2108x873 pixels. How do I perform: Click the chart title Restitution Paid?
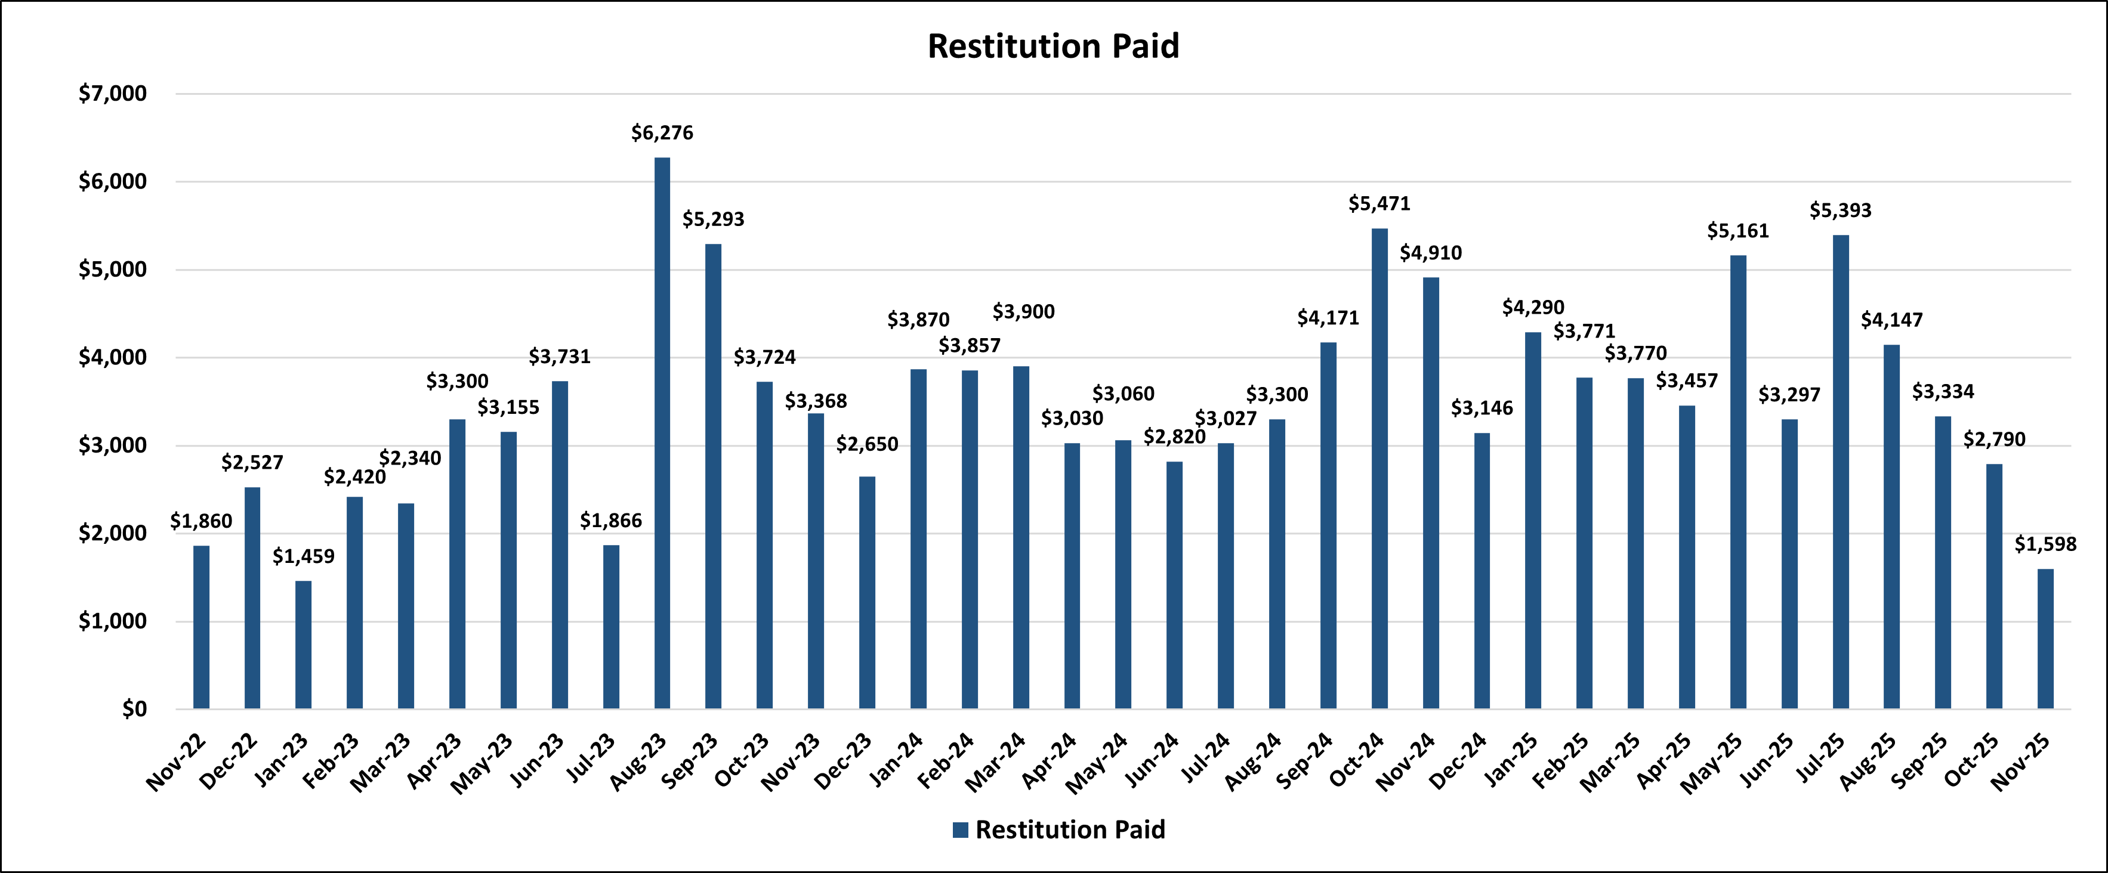(x=1053, y=46)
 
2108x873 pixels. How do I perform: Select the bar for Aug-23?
(x=662, y=434)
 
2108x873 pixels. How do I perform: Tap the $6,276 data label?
(x=662, y=132)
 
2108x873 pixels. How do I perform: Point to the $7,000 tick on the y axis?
(x=112, y=93)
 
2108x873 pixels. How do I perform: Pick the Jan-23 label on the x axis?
(x=282, y=760)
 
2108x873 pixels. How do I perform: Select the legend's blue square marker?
(x=961, y=829)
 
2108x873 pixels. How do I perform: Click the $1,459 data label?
(x=304, y=556)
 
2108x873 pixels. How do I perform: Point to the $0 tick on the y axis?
(x=134, y=708)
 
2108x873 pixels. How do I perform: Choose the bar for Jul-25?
(x=1841, y=472)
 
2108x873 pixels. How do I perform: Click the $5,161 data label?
(x=1738, y=231)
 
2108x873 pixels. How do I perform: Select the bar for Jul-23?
(x=612, y=627)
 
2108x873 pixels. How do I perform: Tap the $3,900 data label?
(x=1024, y=312)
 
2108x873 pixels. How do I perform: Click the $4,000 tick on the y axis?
(x=112, y=358)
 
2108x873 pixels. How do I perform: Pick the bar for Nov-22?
(x=201, y=627)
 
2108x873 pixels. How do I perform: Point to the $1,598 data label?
(x=2045, y=544)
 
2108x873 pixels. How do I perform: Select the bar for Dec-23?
(x=868, y=592)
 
